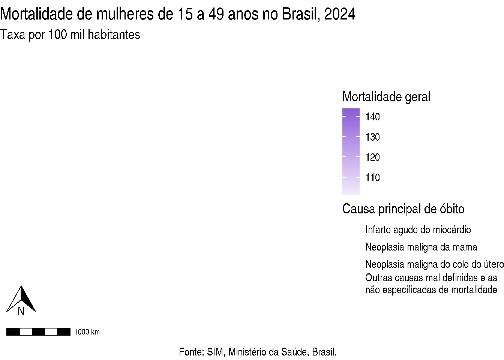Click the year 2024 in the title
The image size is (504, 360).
pos(340,14)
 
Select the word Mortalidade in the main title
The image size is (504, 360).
pos(37,14)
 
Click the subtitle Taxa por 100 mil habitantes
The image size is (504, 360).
pos(70,34)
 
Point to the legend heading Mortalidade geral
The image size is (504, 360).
pos(386,97)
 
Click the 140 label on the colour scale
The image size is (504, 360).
pos(372,117)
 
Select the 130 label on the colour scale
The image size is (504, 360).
pos(372,137)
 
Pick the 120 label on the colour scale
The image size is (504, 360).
pos(372,157)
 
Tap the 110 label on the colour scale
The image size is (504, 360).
pos(372,178)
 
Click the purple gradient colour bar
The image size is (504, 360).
pos(351,151)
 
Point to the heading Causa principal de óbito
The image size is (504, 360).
pos(403,209)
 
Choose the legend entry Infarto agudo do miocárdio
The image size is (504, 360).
pos(418,229)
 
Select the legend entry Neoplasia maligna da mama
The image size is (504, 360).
pos(421,247)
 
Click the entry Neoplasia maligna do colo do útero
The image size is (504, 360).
pos(434,264)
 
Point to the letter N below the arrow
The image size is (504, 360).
pos(21,312)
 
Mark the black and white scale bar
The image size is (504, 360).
pos(38,331)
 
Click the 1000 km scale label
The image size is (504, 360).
pos(87,332)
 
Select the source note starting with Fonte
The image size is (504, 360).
pos(258,352)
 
